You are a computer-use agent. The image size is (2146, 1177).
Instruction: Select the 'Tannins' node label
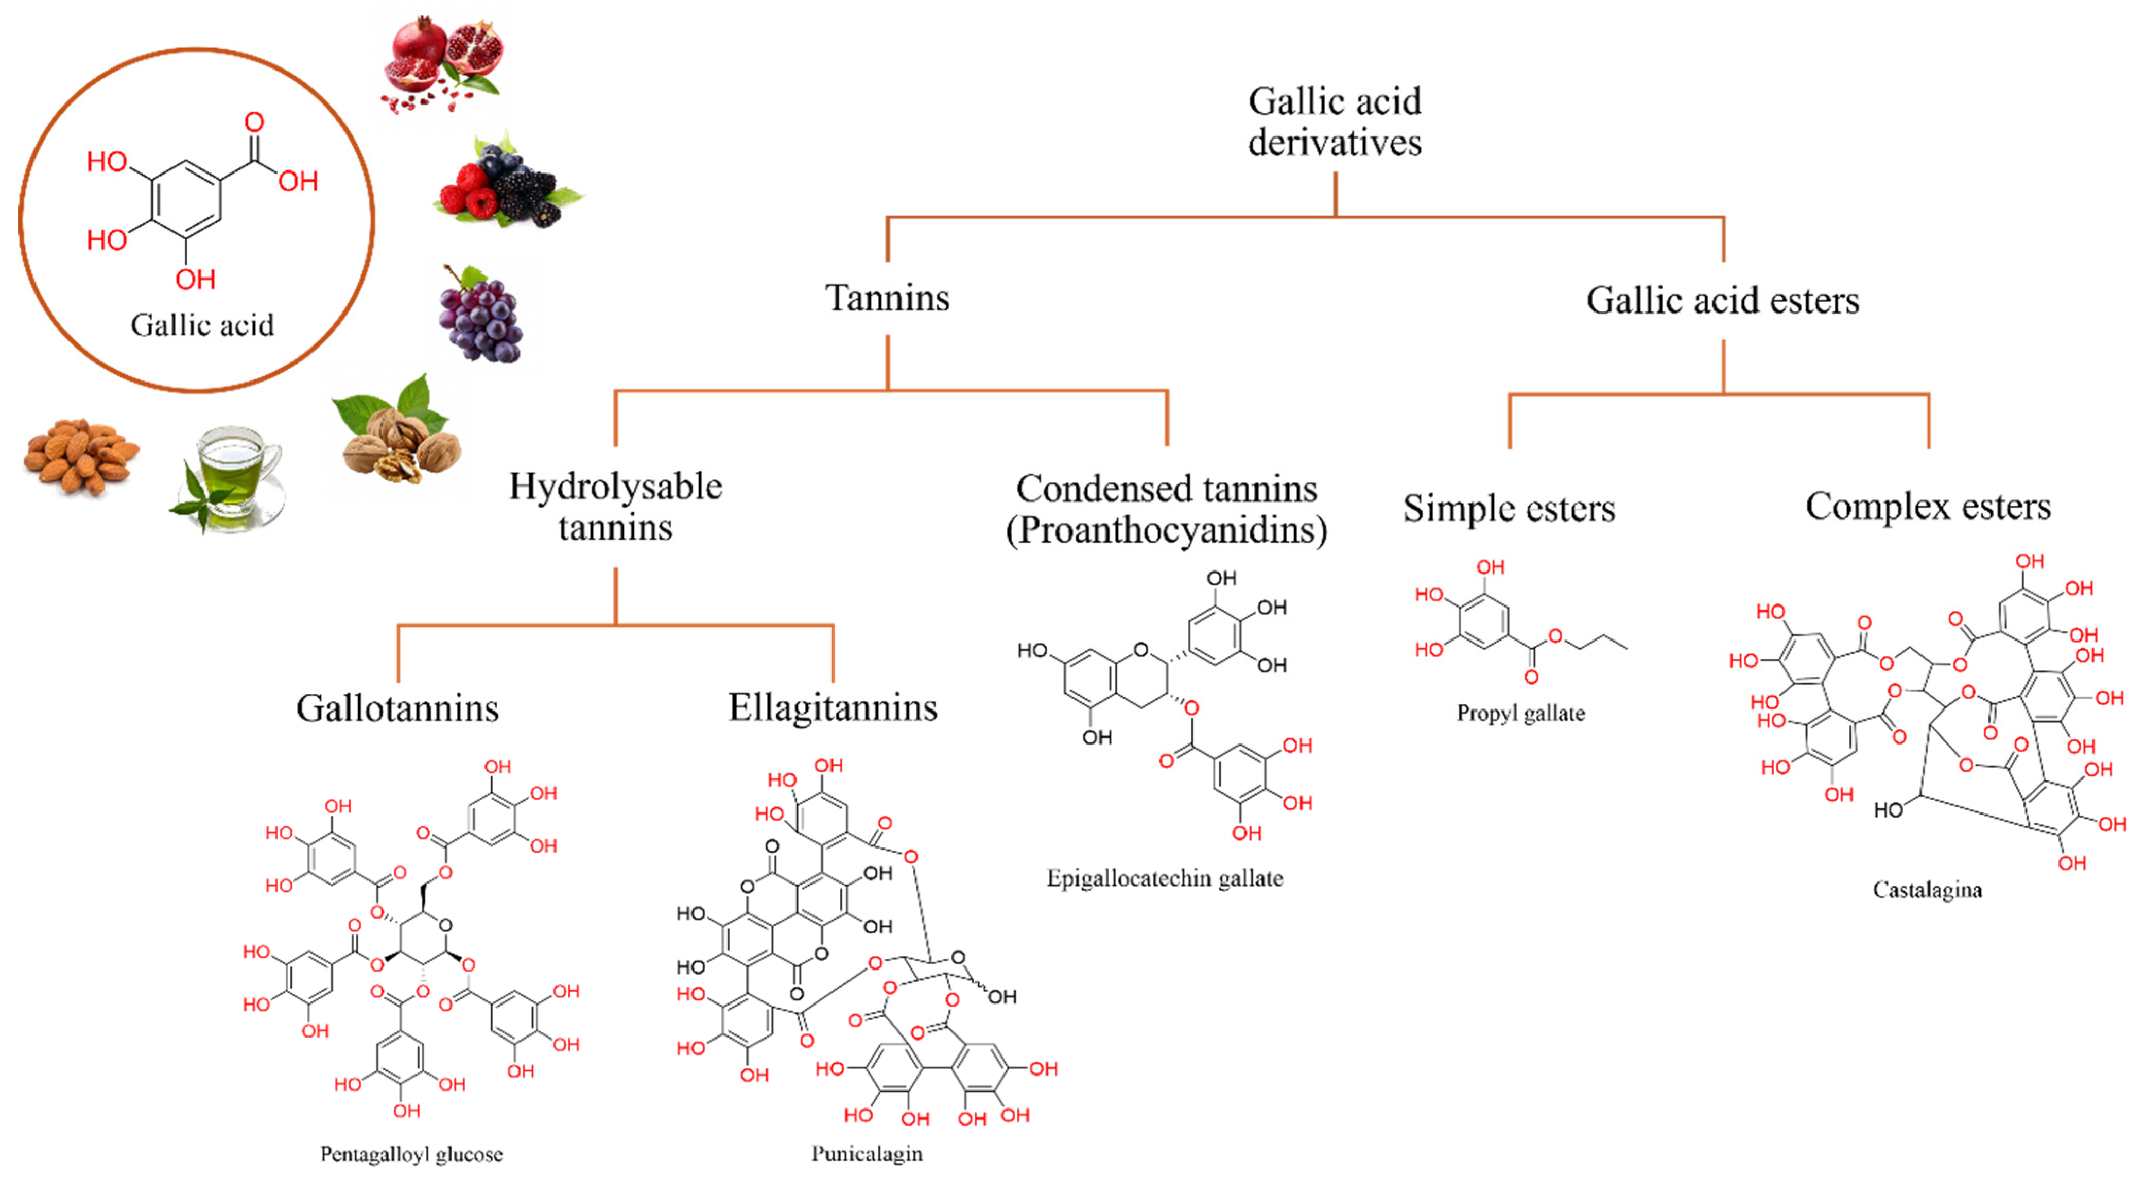click(x=887, y=298)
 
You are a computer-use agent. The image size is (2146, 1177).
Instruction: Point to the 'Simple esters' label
click(x=1509, y=508)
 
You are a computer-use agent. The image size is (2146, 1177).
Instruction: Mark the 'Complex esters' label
click(x=1928, y=507)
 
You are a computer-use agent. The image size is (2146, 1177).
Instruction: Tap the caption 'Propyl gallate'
click(x=1520, y=714)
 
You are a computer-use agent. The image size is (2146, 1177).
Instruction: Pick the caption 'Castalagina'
click(x=1927, y=890)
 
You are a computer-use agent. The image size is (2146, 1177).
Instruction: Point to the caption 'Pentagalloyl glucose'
click(x=411, y=1154)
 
